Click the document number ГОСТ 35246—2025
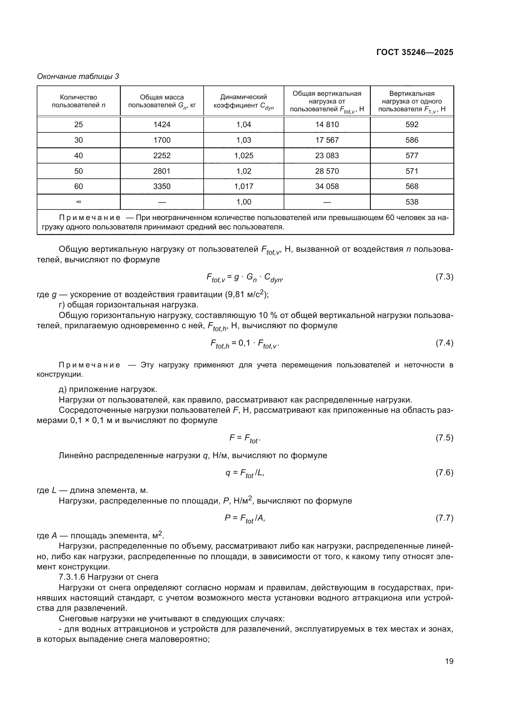(x=414, y=52)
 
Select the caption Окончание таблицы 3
(x=78, y=76)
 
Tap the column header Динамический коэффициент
(x=243, y=101)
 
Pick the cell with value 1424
(x=162, y=124)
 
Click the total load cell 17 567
(x=327, y=140)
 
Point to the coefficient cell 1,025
(x=243, y=155)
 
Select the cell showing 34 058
(x=327, y=186)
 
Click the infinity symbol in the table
(x=78, y=202)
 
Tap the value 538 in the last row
(x=412, y=202)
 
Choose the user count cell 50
(x=78, y=171)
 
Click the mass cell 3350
(x=162, y=186)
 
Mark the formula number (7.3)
(x=444, y=277)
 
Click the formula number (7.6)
(x=444, y=472)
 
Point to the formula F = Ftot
(x=244, y=438)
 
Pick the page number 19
(x=449, y=661)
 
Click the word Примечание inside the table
(x=89, y=218)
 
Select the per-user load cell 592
(x=412, y=124)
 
